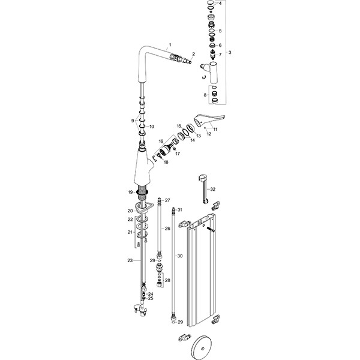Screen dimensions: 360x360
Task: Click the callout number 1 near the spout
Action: (x=170, y=45)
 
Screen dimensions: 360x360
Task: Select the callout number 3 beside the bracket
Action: (x=230, y=53)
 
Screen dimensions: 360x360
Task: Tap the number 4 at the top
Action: (x=220, y=3)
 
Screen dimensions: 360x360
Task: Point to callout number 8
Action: (x=206, y=95)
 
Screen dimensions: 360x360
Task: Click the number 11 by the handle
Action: (x=215, y=129)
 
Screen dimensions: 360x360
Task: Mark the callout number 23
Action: (x=130, y=260)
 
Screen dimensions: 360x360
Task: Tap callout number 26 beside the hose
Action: (x=167, y=229)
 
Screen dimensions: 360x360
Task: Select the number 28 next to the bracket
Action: (x=167, y=280)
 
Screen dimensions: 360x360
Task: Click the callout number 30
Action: (x=179, y=255)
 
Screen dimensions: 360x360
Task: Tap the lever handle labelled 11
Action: (x=206, y=118)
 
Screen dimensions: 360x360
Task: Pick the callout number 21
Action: (x=130, y=232)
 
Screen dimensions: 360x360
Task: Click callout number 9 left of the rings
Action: (x=133, y=121)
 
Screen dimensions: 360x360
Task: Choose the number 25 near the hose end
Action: (x=151, y=298)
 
